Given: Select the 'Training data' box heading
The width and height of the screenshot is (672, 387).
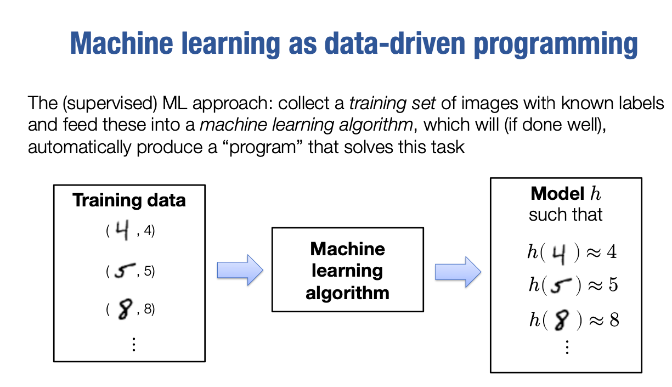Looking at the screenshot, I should point(129,200).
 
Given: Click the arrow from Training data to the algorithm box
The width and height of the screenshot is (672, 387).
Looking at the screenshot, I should point(240,270).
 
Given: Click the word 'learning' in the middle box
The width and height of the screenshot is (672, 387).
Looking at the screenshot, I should point(347,271).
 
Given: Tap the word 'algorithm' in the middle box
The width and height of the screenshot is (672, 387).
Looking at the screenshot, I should point(347,293).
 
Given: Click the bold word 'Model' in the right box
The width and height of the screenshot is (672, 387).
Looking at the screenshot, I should point(557,194).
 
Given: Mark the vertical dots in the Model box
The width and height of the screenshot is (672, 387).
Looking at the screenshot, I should point(567,347).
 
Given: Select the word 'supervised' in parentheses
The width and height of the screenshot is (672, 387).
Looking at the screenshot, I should point(91,103).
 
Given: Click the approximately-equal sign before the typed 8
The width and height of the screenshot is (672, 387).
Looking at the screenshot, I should point(595,320).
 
